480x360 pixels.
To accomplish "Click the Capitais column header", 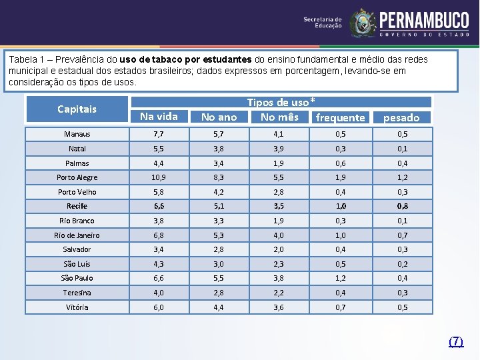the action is [77, 109].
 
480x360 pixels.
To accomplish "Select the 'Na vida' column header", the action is [159, 117].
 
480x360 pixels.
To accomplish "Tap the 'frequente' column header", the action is [341, 117].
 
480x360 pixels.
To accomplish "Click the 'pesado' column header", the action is [401, 117].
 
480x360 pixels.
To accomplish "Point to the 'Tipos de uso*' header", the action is [281, 102].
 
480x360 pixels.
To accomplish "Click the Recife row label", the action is [77, 206].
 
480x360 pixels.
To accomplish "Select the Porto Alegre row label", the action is [77, 177].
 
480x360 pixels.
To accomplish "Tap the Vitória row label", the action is [77, 307].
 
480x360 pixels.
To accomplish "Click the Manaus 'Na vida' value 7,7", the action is [159, 134].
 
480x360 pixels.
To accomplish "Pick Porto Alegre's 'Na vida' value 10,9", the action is [159, 177].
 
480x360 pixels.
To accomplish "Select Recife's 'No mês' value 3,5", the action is [279, 206].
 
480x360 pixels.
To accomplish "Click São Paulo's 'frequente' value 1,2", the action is [341, 278].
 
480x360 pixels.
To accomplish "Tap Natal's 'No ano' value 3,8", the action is [219, 149].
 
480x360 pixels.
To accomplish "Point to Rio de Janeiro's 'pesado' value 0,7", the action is [402, 235].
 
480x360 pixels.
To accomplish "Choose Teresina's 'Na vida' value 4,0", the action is [159, 293].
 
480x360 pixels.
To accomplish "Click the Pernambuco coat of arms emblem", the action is [363, 23].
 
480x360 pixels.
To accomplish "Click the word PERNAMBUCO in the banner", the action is [424, 20].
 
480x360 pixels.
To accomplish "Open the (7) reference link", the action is [456, 341].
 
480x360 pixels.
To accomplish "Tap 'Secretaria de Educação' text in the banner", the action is [323, 23].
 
